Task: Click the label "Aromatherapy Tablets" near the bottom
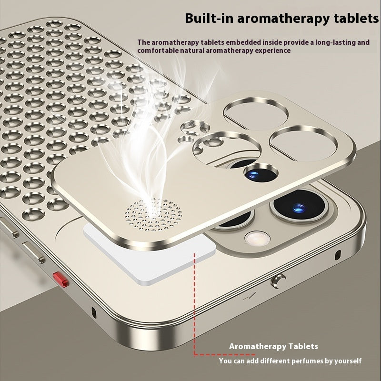coord(273,346)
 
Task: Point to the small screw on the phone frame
coord(274,282)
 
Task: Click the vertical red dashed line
coord(194,305)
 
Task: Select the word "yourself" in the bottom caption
coord(347,361)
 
